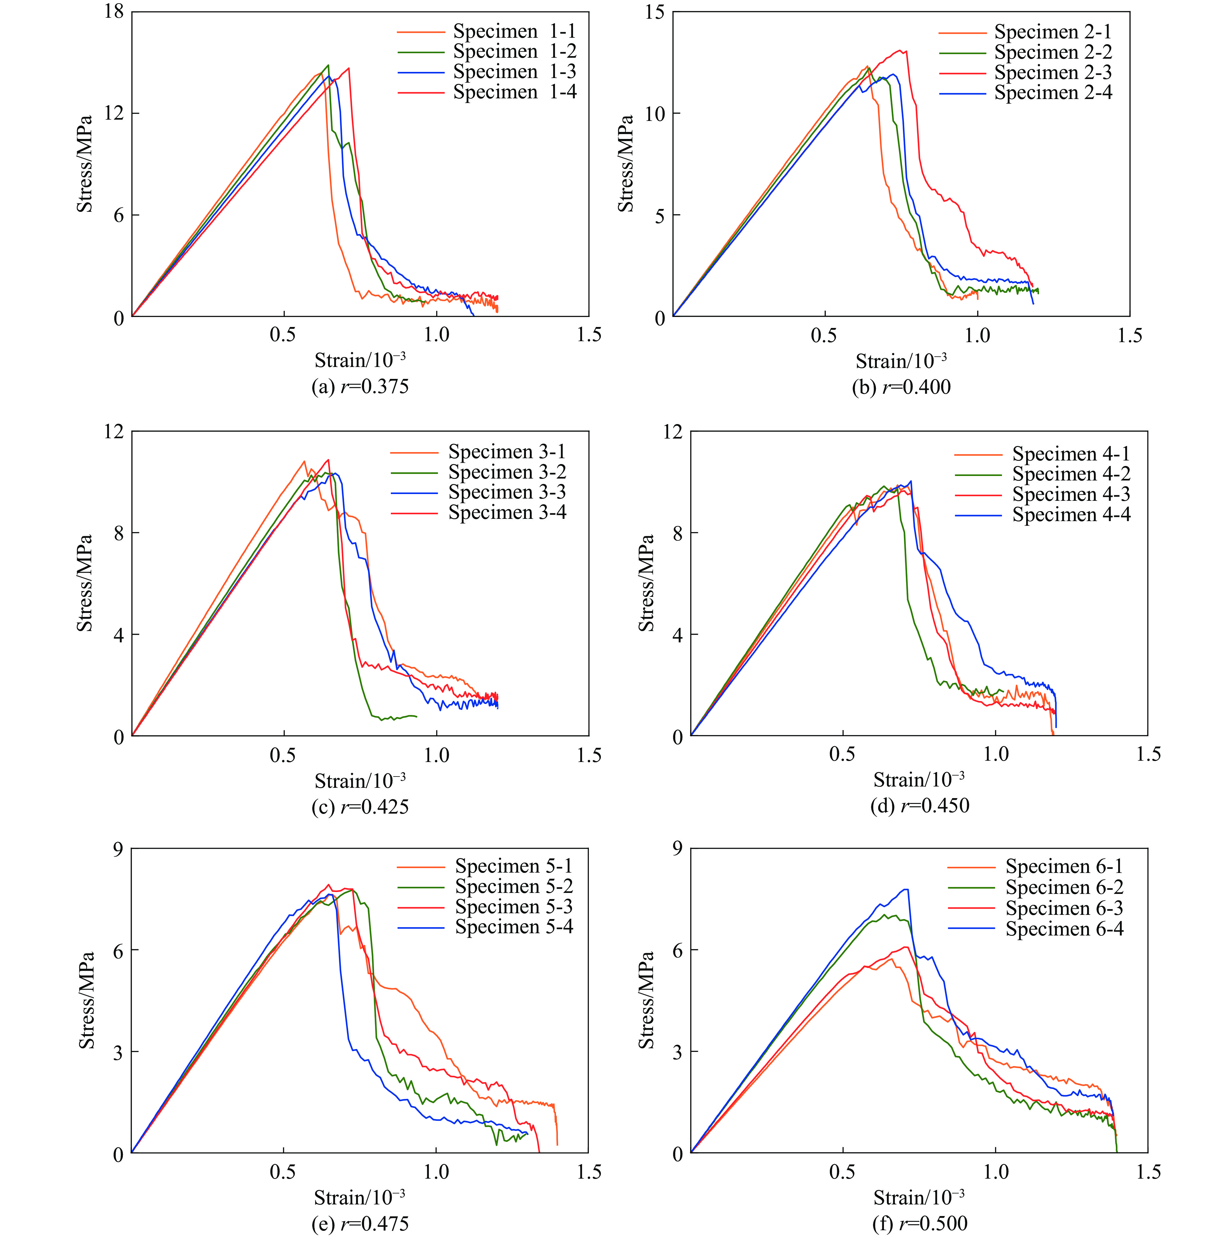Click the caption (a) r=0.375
pos(360,387)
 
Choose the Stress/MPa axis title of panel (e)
pos(86,1000)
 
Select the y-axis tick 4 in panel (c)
pos(118,635)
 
